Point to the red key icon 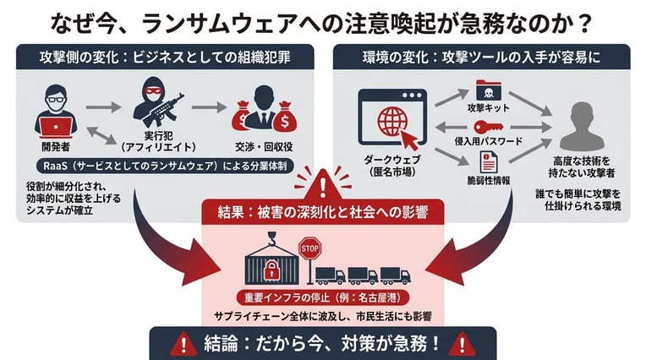pyautogui.click(x=488, y=127)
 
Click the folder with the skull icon pyautogui.click(x=488, y=90)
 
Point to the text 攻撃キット pyautogui.click(x=489, y=108)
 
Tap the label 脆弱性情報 pyautogui.click(x=489, y=182)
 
